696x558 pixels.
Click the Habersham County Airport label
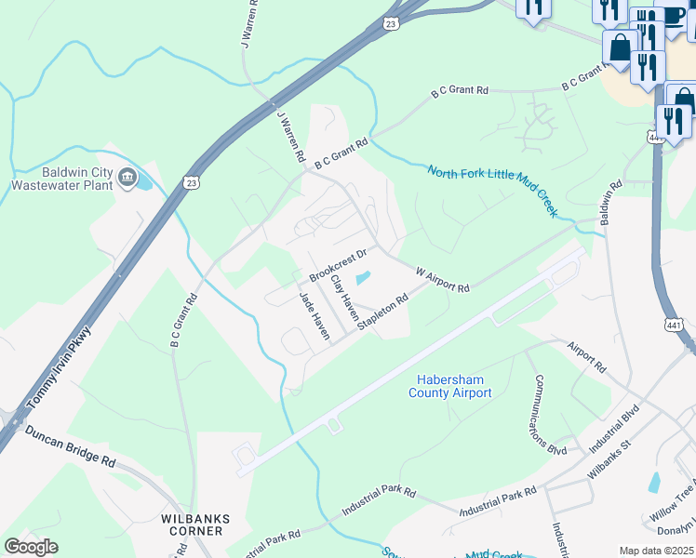[449, 386]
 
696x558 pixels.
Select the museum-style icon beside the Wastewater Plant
[128, 176]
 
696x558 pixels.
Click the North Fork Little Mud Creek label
[492, 191]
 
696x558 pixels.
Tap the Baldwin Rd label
[610, 202]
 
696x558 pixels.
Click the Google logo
[31, 547]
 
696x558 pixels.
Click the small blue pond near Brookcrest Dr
[362, 278]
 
